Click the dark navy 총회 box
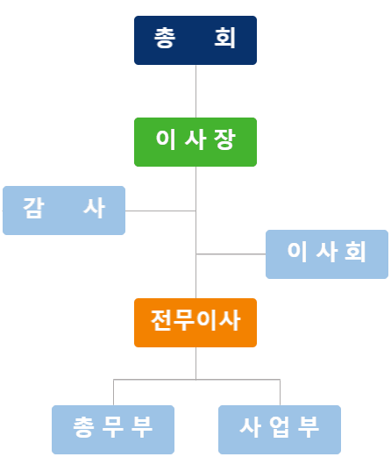click(195, 40)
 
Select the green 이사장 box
click(195, 142)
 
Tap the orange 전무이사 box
click(195, 323)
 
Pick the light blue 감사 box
click(64, 211)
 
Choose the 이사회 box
click(327, 254)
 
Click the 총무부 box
click(113, 430)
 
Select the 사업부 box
click(280, 430)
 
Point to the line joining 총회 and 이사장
click(195, 91)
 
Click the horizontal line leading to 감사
click(160, 211)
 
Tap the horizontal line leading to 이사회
click(231, 253)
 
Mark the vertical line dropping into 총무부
click(114, 392)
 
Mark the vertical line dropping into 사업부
click(280, 392)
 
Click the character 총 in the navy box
click(165, 38)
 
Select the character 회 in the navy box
click(225, 38)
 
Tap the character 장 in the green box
click(224, 139)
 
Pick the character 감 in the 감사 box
click(33, 208)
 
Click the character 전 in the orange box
click(161, 320)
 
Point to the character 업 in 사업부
click(279, 427)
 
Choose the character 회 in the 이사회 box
click(356, 252)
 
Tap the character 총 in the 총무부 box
click(83, 427)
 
